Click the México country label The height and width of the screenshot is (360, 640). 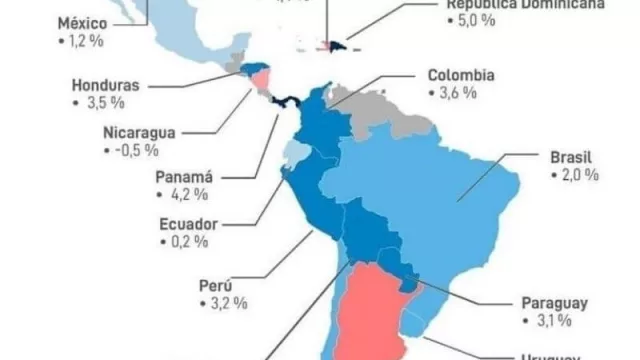click(x=83, y=23)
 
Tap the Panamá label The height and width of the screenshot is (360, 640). click(x=186, y=177)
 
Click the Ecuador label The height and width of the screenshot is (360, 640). click(x=190, y=223)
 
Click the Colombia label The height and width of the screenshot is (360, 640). click(x=462, y=75)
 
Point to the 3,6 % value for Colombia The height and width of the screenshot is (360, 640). click(x=455, y=93)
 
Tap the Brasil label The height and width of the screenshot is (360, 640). click(x=571, y=157)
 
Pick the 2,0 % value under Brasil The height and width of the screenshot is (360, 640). click(x=574, y=175)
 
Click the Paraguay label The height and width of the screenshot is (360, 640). click(x=553, y=302)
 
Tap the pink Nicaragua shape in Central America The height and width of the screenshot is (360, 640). click(x=261, y=77)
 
